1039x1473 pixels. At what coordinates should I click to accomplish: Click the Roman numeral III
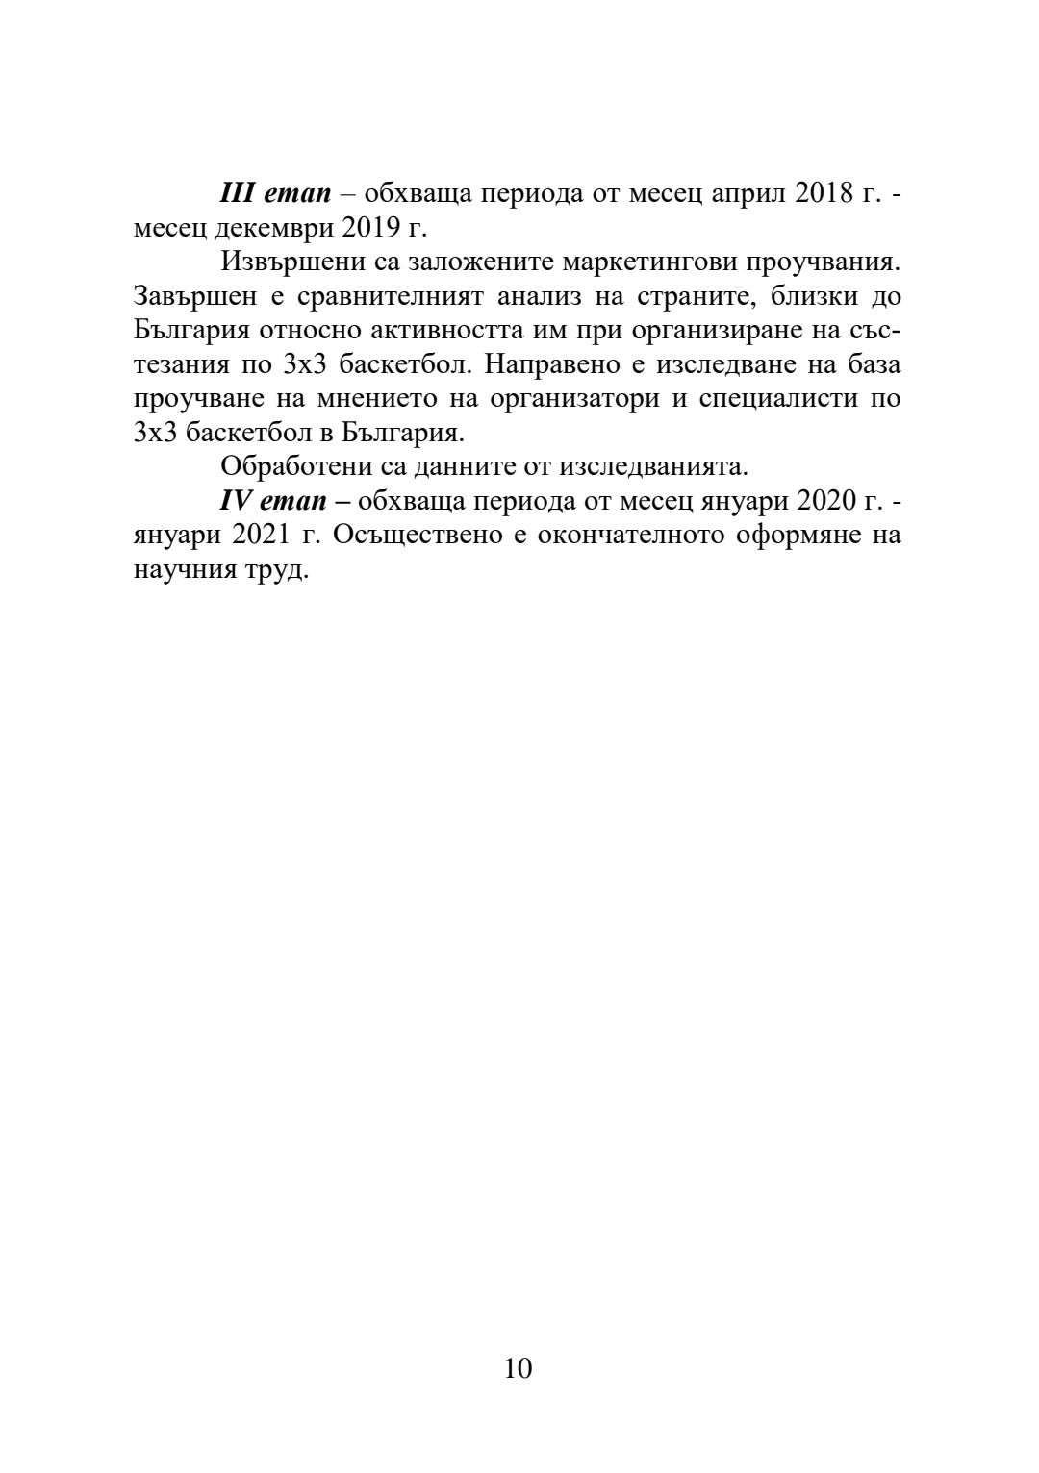click(236, 192)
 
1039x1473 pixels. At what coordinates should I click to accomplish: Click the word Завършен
click(195, 295)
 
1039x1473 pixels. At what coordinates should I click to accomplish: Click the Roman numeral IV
click(236, 501)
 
